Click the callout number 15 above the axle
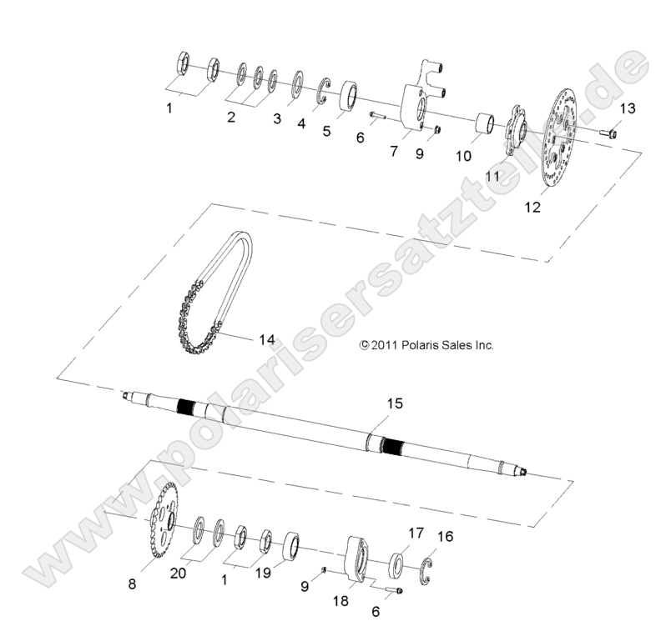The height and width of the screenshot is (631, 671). pyautogui.click(x=394, y=403)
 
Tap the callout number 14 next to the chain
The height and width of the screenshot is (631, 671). pyautogui.click(x=243, y=340)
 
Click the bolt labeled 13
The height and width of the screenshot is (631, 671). pyautogui.click(x=608, y=133)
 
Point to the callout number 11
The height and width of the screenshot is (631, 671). pyautogui.click(x=492, y=177)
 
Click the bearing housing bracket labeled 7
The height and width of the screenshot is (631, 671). pyautogui.click(x=422, y=103)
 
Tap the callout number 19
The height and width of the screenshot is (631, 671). pyautogui.click(x=263, y=573)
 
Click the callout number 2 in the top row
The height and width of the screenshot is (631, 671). pyautogui.click(x=231, y=118)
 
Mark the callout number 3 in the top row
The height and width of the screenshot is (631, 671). pyautogui.click(x=277, y=119)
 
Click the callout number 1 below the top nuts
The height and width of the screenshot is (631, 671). pyautogui.click(x=170, y=108)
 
